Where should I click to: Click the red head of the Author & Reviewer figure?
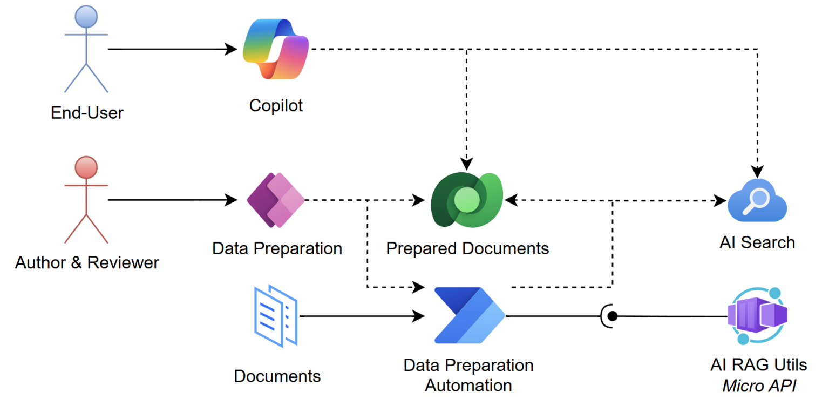coord(86,167)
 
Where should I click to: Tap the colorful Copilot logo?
coord(276,49)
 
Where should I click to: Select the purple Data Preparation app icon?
coord(276,200)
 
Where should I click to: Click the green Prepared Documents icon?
coord(466,200)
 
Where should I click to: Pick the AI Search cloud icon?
coord(757,201)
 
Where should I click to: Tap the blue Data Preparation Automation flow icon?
coord(468,316)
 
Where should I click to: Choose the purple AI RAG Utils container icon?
coord(757,316)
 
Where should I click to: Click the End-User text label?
coord(87,113)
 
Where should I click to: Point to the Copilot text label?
coord(276,105)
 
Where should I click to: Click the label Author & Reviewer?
coord(87,263)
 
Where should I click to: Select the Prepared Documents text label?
coord(467,248)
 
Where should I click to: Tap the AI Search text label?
coord(757,242)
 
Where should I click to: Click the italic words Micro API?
coord(758,386)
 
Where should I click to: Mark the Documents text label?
coord(277,376)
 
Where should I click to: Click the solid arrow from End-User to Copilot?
coord(173,49)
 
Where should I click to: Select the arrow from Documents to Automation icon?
coord(362,316)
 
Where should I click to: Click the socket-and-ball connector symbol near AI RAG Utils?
coord(608,315)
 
